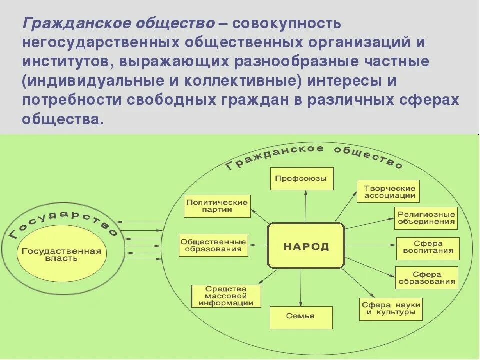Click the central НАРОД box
point(306,246)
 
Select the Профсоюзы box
point(301,178)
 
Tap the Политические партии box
point(217,206)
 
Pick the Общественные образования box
point(213,245)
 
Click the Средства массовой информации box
point(226,296)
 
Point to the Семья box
point(301,317)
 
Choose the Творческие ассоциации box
point(388,191)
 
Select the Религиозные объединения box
point(426,217)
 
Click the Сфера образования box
point(426,278)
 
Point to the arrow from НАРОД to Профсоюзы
point(305,207)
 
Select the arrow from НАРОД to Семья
point(301,287)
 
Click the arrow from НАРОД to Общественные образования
point(258,245)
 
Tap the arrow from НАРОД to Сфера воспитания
point(370,245)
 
